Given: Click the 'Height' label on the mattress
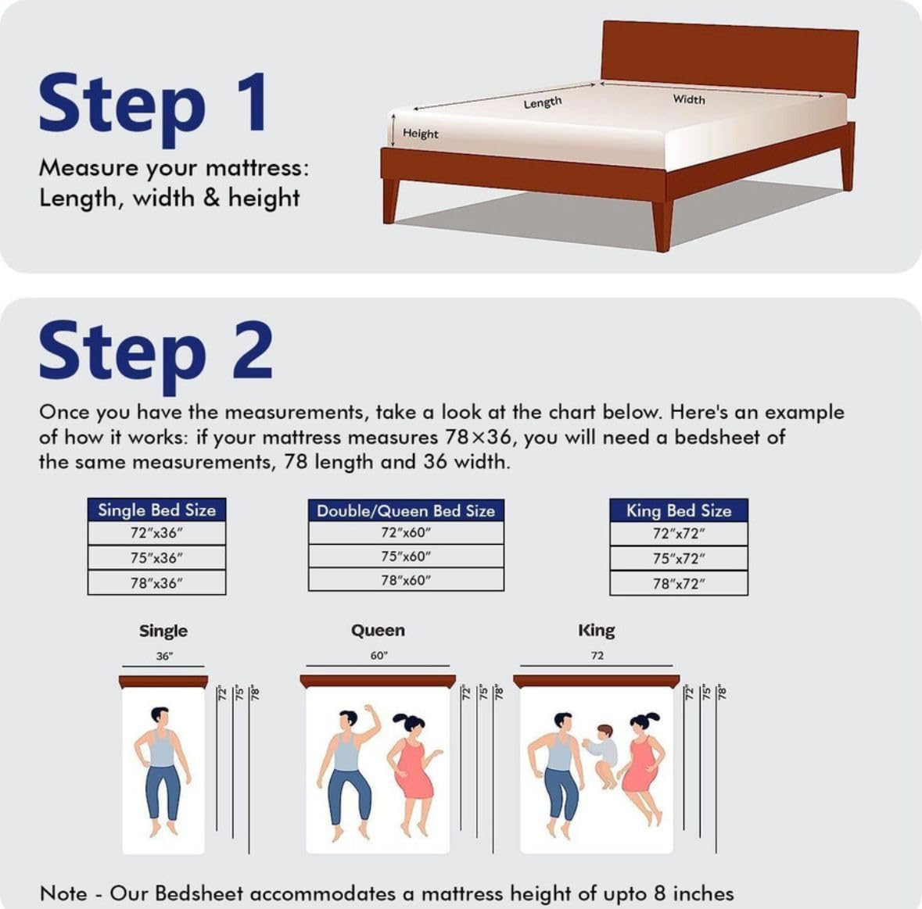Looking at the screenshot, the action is (421, 134).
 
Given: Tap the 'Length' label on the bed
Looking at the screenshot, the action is (543, 103).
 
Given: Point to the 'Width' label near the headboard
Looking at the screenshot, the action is (689, 99).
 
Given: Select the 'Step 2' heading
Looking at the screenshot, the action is (156, 353).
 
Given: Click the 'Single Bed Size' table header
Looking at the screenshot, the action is (157, 510).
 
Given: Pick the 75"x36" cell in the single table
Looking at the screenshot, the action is (157, 557).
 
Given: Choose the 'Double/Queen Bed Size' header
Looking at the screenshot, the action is (406, 510).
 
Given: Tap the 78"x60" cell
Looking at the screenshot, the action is (406, 580).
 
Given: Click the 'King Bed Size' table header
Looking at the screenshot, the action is (679, 510).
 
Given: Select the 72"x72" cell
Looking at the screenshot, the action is (679, 534).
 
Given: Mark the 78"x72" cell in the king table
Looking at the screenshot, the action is (679, 584).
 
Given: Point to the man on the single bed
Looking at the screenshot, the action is (163, 771).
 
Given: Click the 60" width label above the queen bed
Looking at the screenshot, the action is (378, 656).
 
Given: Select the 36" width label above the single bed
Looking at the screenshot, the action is (164, 657).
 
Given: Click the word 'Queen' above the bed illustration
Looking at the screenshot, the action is (378, 631).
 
